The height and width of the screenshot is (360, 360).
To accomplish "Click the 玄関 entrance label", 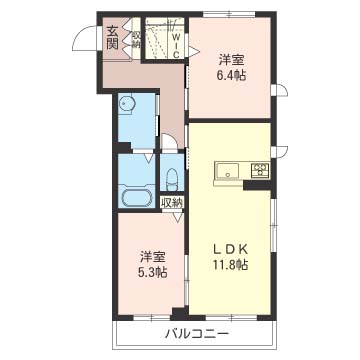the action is (112, 38).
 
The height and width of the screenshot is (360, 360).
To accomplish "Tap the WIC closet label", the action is (177, 45).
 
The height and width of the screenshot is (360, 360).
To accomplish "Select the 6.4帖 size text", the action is (231, 76).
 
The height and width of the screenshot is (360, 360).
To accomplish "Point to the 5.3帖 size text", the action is (153, 273).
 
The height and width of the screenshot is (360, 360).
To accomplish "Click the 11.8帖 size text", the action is (230, 265).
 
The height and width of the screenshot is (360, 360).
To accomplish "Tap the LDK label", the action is (230, 249).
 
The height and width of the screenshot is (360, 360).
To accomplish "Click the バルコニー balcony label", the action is (197, 333).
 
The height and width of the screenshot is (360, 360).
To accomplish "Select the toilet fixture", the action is (172, 179).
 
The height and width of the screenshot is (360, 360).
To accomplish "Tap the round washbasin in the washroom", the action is (126, 105).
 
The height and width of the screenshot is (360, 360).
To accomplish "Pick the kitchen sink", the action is (227, 172).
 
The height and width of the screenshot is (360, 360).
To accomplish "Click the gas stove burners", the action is (260, 171).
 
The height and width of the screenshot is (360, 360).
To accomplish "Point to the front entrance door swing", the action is (84, 38).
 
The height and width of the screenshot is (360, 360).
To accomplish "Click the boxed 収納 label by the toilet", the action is (172, 203).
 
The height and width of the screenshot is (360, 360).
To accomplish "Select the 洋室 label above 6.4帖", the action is (231, 61).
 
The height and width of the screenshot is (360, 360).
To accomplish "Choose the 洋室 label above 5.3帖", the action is (153, 258).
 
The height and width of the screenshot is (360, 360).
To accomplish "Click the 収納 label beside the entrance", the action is (137, 39).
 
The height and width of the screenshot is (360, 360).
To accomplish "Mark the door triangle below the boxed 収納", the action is (178, 216).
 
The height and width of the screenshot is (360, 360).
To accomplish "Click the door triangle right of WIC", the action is (194, 51).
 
